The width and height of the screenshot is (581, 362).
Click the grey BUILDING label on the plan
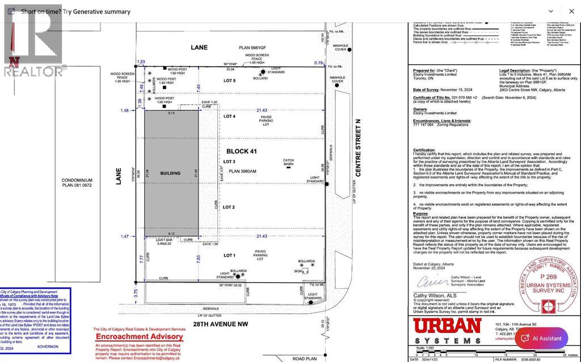[x=170, y=173]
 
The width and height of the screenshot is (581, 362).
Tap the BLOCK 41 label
[x=242, y=151]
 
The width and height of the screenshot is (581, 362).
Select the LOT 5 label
[x=229, y=81]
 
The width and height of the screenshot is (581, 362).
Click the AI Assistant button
[x=541, y=338]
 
